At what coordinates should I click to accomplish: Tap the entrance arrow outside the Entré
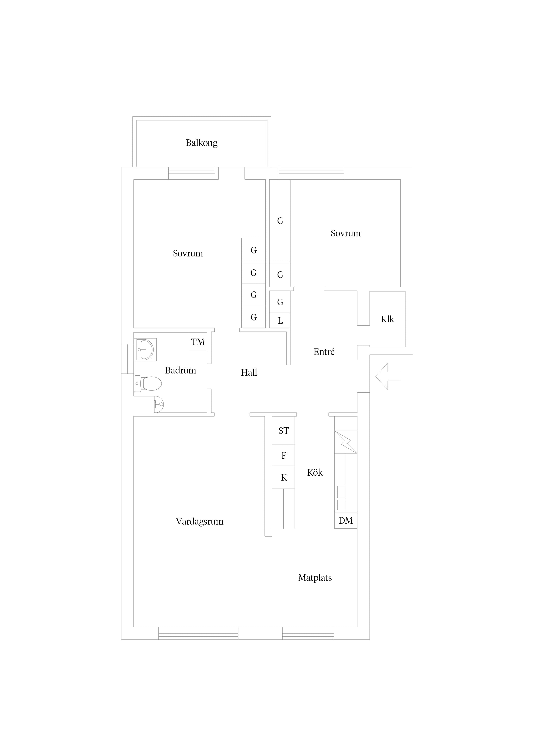[388, 376]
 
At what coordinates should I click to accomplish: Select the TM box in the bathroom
[197, 342]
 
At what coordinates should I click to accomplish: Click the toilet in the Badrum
[148, 384]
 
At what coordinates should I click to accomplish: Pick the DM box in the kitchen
[346, 521]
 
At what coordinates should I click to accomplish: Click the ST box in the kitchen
[283, 431]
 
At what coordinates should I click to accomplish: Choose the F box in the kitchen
[283, 455]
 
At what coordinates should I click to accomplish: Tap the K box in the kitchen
[283, 477]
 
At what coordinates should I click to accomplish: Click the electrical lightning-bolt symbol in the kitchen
[346, 442]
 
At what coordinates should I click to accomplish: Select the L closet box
[280, 320]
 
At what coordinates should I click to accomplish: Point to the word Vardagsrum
[199, 522]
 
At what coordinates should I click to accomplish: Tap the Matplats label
[315, 578]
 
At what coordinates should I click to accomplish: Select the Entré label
[324, 352]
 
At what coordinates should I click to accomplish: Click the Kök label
[315, 472]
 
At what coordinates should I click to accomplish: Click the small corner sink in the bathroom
[159, 404]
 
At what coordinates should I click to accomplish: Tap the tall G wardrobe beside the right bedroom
[280, 221]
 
